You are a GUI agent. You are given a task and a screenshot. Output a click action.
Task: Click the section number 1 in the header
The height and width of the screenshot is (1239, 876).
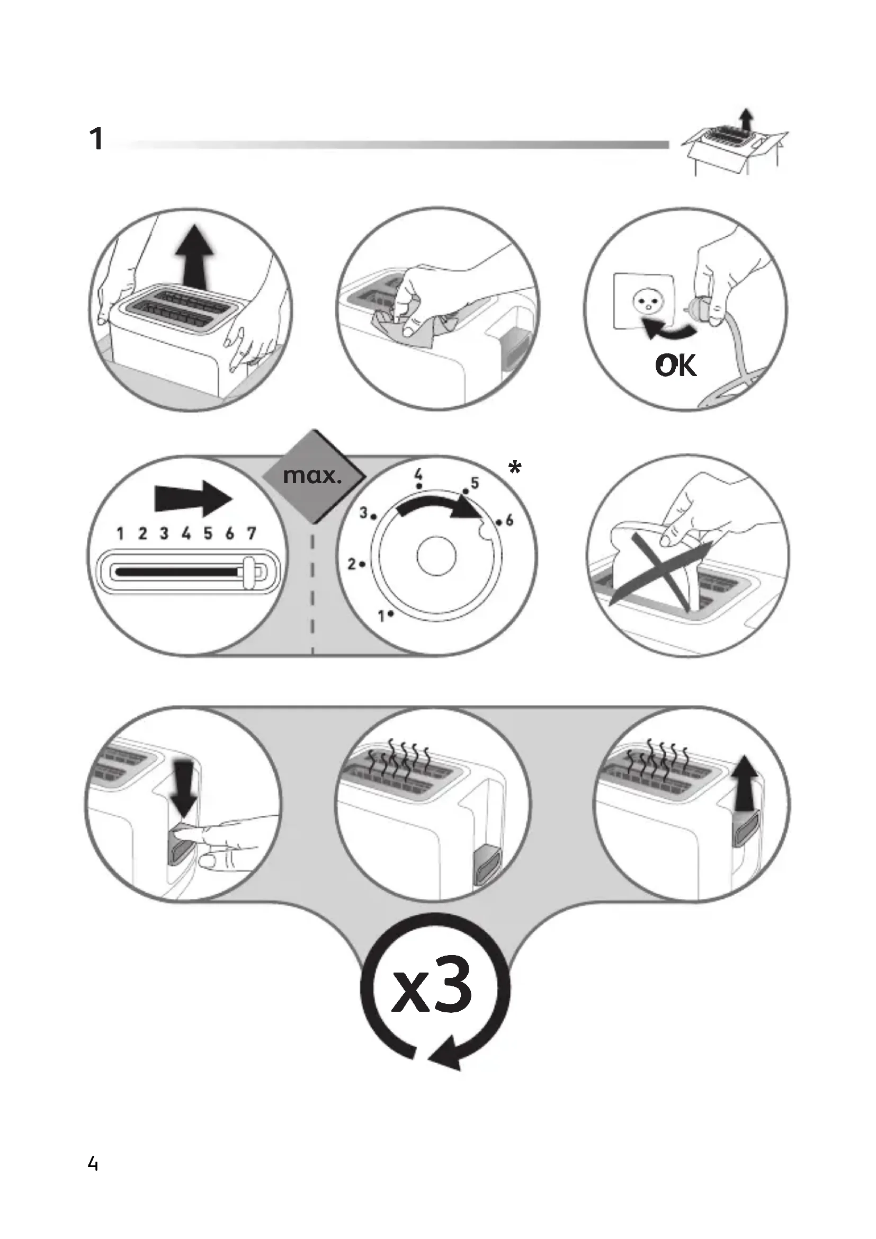tap(96, 139)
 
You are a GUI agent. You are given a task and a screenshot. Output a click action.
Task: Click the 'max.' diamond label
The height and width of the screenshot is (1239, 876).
tap(313, 477)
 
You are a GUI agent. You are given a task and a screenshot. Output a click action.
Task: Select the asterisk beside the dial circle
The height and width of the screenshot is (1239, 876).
tap(515, 468)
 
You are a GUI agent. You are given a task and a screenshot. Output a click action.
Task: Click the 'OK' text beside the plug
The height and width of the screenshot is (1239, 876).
tap(676, 366)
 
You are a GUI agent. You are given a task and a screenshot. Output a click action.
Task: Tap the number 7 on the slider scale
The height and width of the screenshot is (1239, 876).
tap(252, 533)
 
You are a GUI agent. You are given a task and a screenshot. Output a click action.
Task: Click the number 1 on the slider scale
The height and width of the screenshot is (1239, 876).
tap(120, 533)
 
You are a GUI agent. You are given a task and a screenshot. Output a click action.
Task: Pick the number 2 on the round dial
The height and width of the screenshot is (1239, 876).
tap(351, 565)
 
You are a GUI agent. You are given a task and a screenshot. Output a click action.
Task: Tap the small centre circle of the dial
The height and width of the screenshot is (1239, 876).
tap(436, 557)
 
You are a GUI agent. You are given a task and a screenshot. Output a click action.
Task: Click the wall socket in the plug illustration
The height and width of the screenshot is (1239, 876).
tap(643, 301)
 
